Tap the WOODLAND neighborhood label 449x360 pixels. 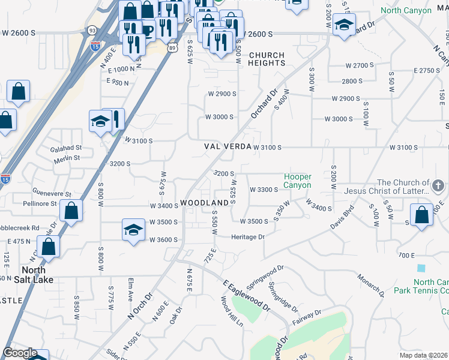[x=205, y=203]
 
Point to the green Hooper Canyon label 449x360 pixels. [x=298, y=181]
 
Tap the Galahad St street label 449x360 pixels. [x=66, y=148]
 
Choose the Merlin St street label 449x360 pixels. [x=67, y=158]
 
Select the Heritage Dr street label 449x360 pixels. [x=248, y=237]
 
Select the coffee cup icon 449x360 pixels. [x=146, y=32]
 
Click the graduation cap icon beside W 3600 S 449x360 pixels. [x=133, y=230]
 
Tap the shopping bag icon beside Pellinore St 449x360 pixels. [x=71, y=211]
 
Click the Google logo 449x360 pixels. [x=20, y=353]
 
